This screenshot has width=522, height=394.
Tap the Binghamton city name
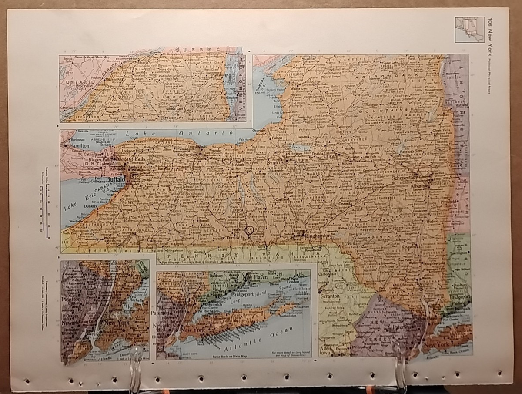pos(318,236)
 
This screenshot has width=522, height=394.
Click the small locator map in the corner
pos(469,30)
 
